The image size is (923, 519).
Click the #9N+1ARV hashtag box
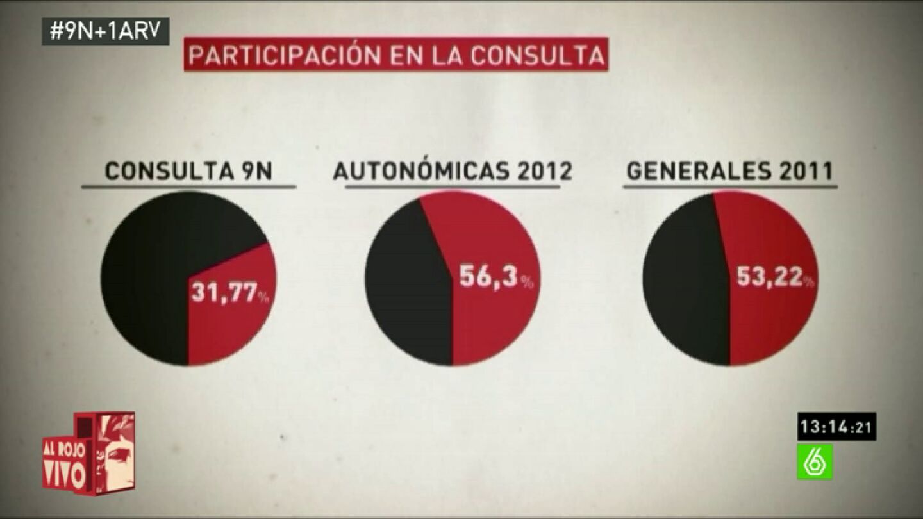[x=106, y=31]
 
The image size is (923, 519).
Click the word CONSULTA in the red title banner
[x=537, y=55]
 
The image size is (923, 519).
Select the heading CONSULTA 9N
[x=188, y=170]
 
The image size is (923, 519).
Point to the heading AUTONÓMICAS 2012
[x=453, y=170]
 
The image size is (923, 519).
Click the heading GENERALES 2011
[x=730, y=170]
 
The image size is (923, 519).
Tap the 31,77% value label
[x=230, y=292]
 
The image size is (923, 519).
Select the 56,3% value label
[x=497, y=276]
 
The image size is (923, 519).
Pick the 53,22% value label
[x=775, y=276]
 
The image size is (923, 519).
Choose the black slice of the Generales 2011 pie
[x=684, y=280]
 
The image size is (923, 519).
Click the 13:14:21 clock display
[x=836, y=427]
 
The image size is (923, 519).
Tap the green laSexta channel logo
[x=815, y=462]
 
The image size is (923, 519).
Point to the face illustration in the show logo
[x=117, y=457]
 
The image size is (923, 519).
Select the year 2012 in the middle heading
[x=545, y=170]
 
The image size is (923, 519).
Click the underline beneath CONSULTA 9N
[x=188, y=186]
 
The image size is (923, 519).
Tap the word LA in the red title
[x=447, y=55]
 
